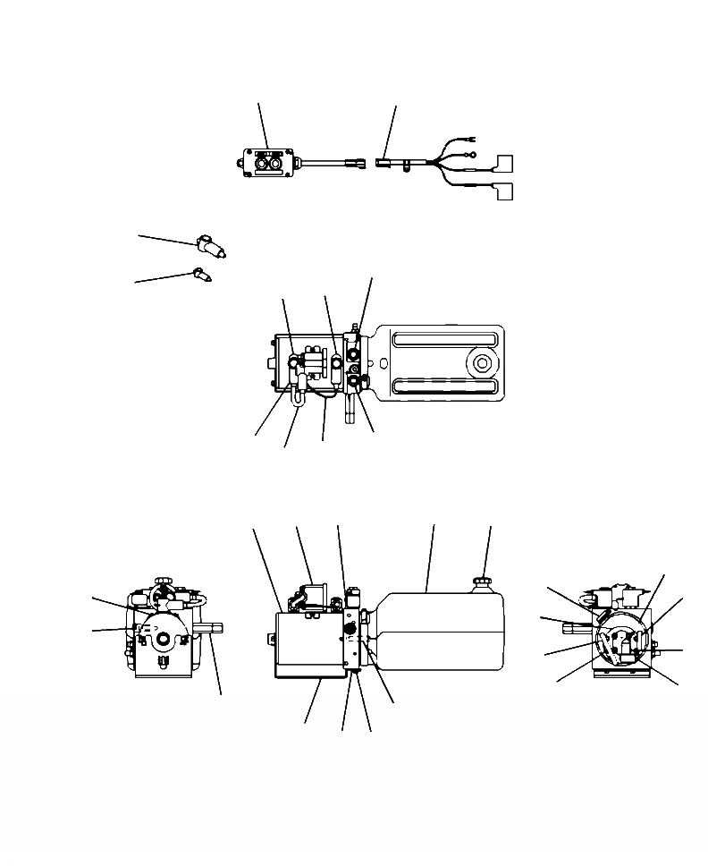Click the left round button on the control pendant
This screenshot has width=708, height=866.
pyautogui.click(x=261, y=164)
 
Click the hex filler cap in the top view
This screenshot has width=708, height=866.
pyautogui.click(x=482, y=363)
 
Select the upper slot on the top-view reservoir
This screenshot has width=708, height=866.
pyautogui.click(x=443, y=340)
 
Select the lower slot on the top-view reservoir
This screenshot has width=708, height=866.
pyautogui.click(x=443, y=386)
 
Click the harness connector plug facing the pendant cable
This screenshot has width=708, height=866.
pyautogui.click(x=385, y=164)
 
